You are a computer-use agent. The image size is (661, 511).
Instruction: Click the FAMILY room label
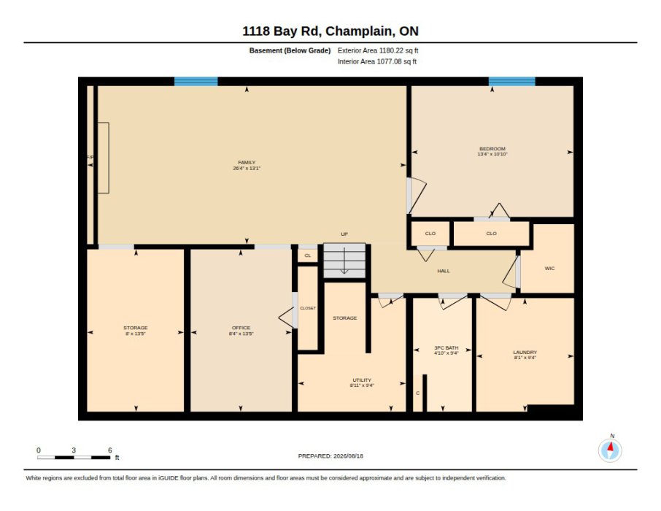pos(247,163)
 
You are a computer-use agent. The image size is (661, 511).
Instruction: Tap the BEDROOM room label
pos(492,149)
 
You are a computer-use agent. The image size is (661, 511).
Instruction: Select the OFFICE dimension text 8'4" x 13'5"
pos(241,334)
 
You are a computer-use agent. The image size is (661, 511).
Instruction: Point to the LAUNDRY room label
pos(525,353)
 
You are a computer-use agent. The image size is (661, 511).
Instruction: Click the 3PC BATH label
pos(446,348)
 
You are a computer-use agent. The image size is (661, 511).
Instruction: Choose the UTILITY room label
pos(362,380)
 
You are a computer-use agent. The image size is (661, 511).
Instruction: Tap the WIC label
pos(549,269)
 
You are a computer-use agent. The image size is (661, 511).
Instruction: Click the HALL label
pos(444,271)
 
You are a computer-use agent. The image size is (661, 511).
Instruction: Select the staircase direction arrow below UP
pos(344,261)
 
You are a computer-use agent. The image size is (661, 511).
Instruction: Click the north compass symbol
pos(610,450)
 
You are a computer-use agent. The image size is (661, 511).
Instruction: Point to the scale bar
pos(74,458)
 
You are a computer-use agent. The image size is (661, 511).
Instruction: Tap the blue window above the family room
pos(196,82)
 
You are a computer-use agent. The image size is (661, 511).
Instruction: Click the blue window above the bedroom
pos(511,82)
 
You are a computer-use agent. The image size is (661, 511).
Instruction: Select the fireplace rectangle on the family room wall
pos(104,158)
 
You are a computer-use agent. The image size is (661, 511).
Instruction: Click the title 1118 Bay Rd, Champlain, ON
pos(330,31)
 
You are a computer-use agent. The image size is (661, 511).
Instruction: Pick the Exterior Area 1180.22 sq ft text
pos(378,50)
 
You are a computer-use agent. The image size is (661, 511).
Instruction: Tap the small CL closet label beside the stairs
pos(308,255)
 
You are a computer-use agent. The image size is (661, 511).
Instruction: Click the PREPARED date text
pos(330,456)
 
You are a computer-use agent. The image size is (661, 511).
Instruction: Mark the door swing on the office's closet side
pos(287,318)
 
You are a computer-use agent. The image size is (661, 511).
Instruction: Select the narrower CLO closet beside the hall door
pos(430,234)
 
